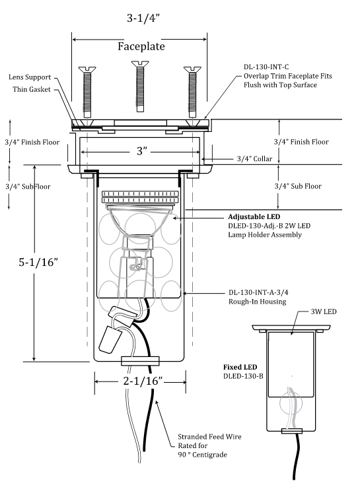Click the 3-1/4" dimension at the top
[x=143, y=18]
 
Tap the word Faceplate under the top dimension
[x=141, y=46]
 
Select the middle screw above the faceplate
[x=140, y=86]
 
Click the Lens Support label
[x=30, y=77]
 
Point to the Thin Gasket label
[x=31, y=89]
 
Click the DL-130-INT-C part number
[x=266, y=67]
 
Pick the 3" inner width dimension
[x=141, y=151]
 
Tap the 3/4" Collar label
[x=254, y=159]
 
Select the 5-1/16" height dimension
[x=38, y=262]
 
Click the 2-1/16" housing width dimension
[x=143, y=381]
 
